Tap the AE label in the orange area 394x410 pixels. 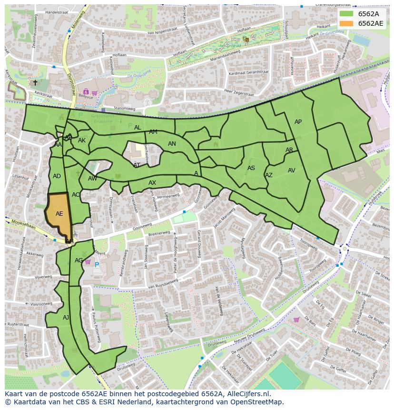tap(59, 214)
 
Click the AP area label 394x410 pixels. tap(298, 122)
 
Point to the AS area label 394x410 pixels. tap(251, 168)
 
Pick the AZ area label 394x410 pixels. tap(269, 175)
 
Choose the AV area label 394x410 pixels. tap(292, 170)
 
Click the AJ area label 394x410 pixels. tap(66, 317)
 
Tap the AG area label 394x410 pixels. tap(79, 260)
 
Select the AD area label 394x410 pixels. tap(57, 176)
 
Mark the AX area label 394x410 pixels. tap(152, 183)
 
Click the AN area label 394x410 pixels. tap(172, 144)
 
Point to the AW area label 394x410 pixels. tap(92, 179)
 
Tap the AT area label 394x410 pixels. tap(137, 165)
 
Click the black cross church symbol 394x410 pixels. tap(35, 82)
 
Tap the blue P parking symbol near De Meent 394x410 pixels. tap(97, 264)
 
